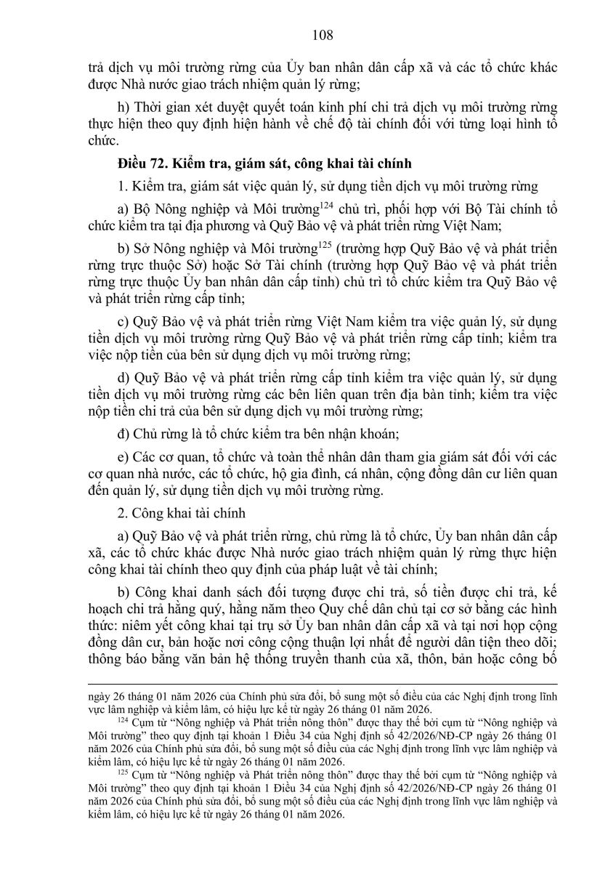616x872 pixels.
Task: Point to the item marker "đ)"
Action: click(x=123, y=436)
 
